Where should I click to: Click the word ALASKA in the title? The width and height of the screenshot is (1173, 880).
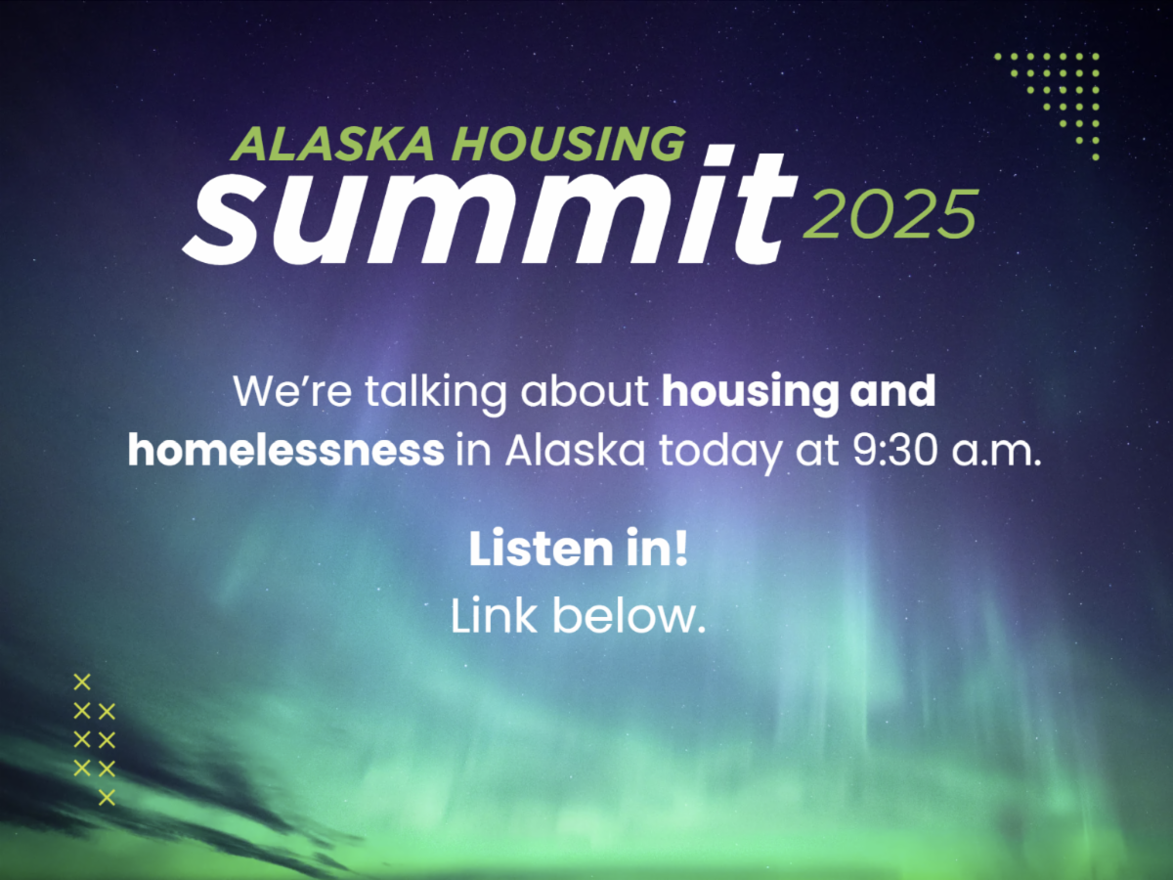[331, 144]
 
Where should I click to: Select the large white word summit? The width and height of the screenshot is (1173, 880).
[489, 205]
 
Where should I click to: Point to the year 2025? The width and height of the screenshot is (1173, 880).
[890, 214]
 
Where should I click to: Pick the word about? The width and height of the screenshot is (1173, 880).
[585, 391]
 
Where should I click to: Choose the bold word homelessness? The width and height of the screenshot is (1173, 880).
[285, 451]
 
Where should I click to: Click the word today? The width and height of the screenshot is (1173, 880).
[720, 453]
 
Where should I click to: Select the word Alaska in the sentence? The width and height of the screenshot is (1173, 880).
[576, 451]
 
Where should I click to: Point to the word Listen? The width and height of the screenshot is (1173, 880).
[541, 549]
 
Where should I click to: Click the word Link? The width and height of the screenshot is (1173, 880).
[494, 616]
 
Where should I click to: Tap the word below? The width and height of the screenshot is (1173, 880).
[629, 616]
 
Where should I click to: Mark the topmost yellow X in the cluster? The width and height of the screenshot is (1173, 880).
[82, 682]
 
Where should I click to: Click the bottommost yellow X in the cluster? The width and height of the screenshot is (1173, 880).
[107, 798]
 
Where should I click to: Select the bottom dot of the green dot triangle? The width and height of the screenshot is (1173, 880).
[1096, 157]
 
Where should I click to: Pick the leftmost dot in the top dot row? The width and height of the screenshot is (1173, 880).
[998, 56]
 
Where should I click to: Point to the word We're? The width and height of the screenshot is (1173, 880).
[292, 391]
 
